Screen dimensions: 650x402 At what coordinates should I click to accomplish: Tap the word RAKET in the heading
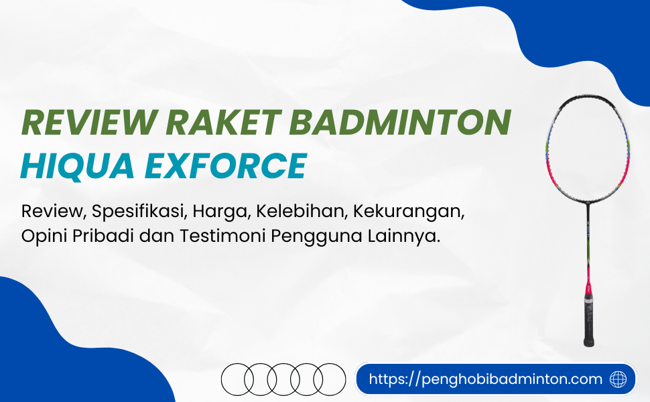223,122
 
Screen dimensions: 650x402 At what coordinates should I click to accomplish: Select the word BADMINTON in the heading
400,122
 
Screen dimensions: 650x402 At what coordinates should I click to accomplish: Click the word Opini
44,237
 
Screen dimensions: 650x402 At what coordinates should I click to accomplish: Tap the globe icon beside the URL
618,379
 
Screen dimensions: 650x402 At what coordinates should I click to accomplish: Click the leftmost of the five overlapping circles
237,379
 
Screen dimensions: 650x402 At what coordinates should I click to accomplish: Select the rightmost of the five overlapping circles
330,379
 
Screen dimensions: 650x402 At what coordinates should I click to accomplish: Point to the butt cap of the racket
589,343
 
